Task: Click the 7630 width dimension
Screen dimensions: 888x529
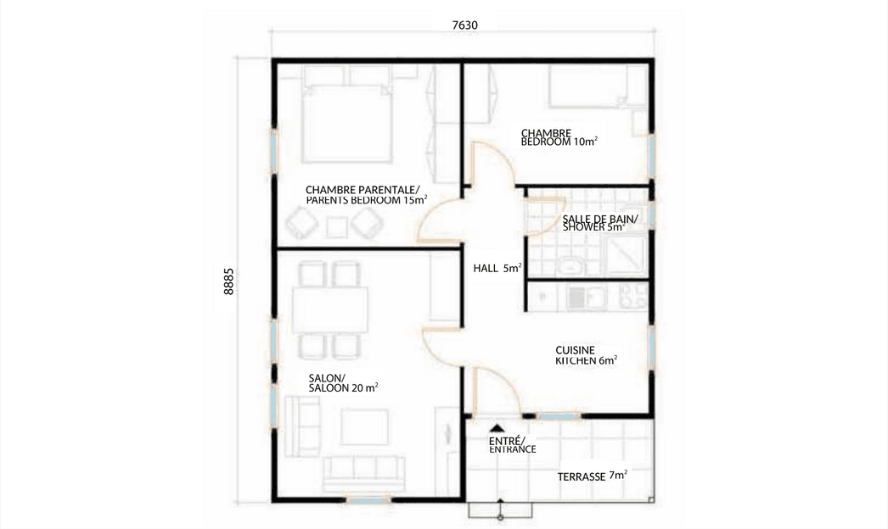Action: (465, 25)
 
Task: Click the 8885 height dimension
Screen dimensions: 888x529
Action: (229, 281)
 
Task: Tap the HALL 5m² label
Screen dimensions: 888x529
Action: (497, 268)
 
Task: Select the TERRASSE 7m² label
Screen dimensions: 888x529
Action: (592, 476)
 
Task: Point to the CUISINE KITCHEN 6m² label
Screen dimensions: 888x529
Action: (586, 355)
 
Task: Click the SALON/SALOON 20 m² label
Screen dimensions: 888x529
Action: (343, 383)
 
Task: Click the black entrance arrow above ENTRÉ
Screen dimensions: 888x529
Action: (497, 428)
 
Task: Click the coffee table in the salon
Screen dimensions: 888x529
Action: (365, 427)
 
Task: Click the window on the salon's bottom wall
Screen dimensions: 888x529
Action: (368, 499)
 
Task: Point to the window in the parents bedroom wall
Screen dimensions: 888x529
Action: (274, 151)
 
